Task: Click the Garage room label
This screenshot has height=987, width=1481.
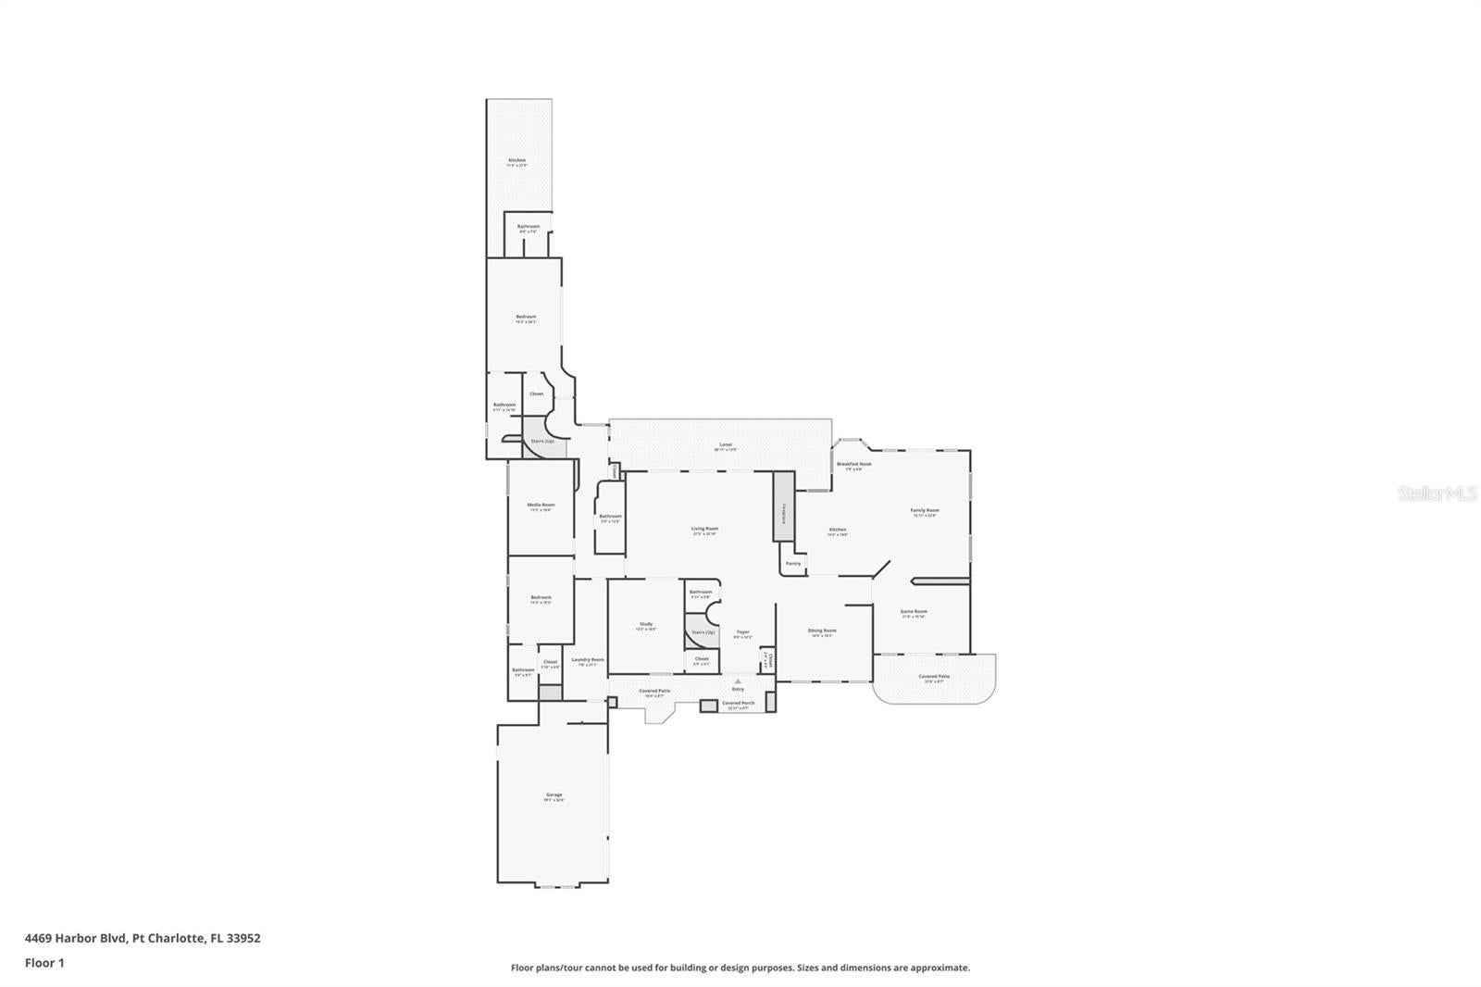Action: pos(554,795)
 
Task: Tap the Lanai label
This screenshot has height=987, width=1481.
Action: pos(725,445)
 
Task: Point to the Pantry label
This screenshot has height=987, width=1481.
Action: pos(793,563)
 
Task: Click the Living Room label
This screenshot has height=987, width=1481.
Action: pos(704,530)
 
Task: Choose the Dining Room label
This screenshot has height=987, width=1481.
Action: pos(822,631)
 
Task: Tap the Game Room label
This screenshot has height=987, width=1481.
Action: pos(914,612)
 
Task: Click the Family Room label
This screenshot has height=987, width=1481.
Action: pos(925,511)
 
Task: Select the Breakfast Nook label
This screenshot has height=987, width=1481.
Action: pos(853,465)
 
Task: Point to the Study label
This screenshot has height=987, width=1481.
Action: pos(646,625)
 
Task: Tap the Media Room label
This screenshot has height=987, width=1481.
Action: pos(541,506)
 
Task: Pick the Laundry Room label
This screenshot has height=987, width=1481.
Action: pos(588,660)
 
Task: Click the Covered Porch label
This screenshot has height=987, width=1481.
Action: pos(738,703)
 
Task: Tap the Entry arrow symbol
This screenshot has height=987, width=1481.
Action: pos(738,681)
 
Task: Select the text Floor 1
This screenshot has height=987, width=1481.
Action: pos(44,963)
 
